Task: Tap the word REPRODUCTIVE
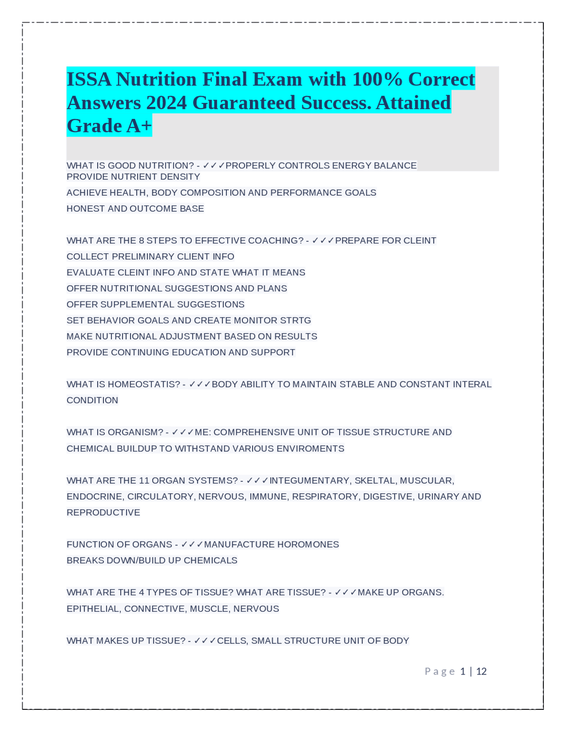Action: (x=103, y=512)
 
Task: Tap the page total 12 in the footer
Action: (x=481, y=671)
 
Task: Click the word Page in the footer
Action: (x=440, y=671)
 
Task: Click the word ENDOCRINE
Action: (x=95, y=496)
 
